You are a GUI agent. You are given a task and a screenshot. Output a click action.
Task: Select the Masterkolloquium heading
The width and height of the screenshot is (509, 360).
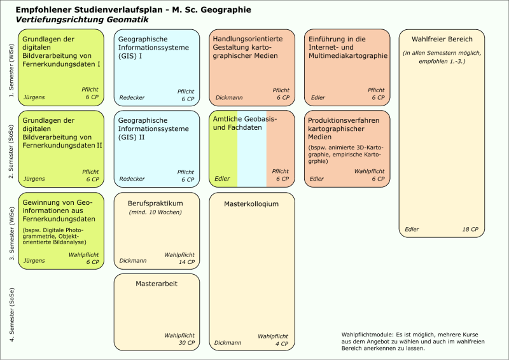(252, 204)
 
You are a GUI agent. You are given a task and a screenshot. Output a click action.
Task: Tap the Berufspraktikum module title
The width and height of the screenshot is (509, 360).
(156, 203)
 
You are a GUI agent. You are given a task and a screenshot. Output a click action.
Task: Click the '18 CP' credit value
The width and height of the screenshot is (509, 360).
(470, 229)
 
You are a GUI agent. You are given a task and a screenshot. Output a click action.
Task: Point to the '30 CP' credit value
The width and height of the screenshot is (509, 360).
(186, 343)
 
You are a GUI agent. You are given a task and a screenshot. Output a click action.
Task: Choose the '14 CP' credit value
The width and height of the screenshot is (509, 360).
(186, 262)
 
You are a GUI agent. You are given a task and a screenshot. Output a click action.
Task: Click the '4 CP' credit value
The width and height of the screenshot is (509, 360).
(282, 343)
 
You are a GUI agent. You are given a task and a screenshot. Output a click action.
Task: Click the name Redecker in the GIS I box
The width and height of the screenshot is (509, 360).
(132, 99)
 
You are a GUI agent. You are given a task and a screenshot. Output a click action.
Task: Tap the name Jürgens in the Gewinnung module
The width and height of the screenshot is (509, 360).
(34, 261)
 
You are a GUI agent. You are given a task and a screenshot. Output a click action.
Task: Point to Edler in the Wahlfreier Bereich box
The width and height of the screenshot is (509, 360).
(412, 229)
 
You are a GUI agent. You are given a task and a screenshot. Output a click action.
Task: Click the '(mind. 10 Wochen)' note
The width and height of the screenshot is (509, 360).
(156, 212)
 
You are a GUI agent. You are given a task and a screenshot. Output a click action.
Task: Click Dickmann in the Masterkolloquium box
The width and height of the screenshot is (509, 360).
(228, 343)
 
